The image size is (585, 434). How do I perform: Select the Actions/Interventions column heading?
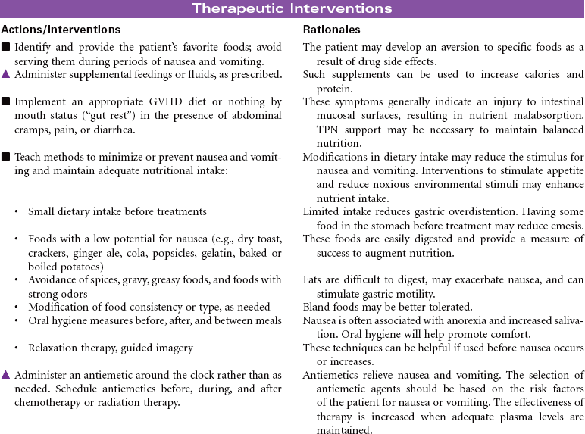click(61, 30)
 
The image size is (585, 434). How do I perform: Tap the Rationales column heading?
click(331, 30)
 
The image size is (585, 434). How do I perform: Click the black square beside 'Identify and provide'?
click(6, 48)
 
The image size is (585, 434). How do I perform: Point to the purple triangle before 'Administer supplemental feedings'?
click(6, 74)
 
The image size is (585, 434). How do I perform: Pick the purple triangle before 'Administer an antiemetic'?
click(6, 375)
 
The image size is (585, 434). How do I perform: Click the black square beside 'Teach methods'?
click(6, 157)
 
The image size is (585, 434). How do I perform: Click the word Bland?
click(317, 308)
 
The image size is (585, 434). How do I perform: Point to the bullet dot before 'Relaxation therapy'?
click(17, 348)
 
